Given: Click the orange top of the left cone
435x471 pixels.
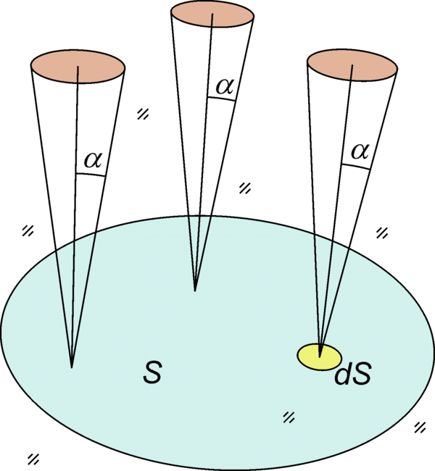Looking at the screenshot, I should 78,64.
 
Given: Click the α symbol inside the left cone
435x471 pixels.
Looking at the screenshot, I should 92,160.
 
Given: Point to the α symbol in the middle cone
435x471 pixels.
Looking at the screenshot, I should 224,86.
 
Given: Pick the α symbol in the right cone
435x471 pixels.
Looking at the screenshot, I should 357,151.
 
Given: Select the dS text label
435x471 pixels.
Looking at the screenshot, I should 353,376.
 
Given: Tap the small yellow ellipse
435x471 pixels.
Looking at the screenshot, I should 320,356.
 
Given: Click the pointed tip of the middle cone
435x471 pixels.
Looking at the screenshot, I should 195,291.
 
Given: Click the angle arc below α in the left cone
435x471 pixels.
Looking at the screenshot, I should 91,174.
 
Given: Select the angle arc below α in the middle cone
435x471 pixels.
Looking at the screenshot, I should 222,99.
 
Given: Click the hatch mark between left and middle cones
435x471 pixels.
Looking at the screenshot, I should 144,114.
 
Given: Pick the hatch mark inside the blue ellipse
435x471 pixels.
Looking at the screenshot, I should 289,417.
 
